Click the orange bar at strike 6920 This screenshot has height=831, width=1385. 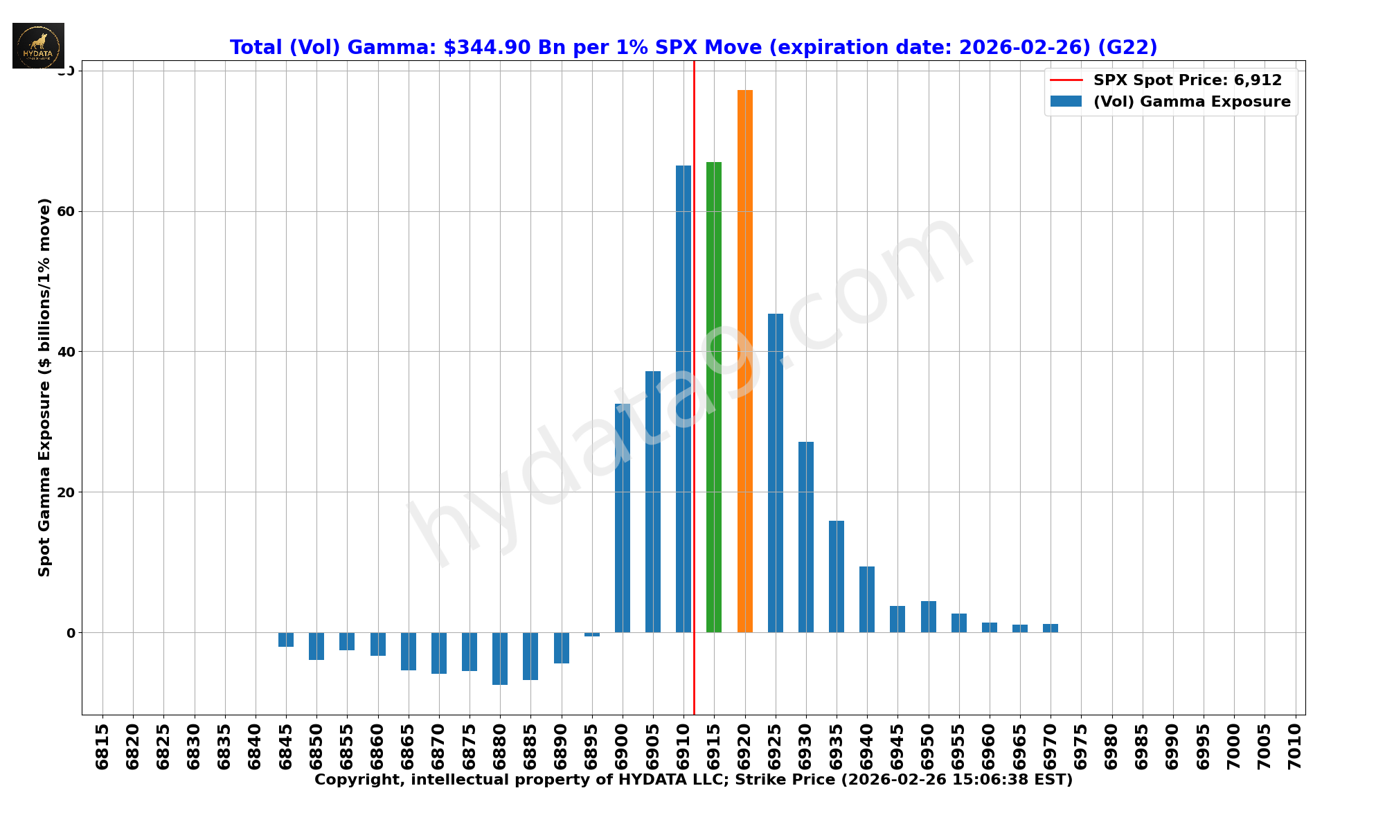click(x=744, y=360)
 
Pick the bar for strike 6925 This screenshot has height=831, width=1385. click(x=776, y=473)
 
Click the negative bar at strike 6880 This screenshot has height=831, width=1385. click(x=500, y=659)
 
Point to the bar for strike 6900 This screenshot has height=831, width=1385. click(x=623, y=518)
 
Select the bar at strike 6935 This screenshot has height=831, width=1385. click(x=837, y=576)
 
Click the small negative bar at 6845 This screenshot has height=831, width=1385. click(x=286, y=639)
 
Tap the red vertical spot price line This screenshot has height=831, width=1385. click(x=694, y=277)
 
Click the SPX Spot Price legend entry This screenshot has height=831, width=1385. click(x=1187, y=80)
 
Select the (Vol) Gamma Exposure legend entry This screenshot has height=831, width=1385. click(x=1191, y=102)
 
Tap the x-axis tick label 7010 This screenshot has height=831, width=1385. click(x=1295, y=746)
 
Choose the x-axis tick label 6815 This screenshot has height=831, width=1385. click(x=102, y=746)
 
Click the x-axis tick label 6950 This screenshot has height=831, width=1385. click(x=928, y=746)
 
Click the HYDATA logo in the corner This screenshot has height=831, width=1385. click(x=39, y=46)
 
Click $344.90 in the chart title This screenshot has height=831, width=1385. click(x=487, y=47)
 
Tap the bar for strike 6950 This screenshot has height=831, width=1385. click(x=928, y=616)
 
